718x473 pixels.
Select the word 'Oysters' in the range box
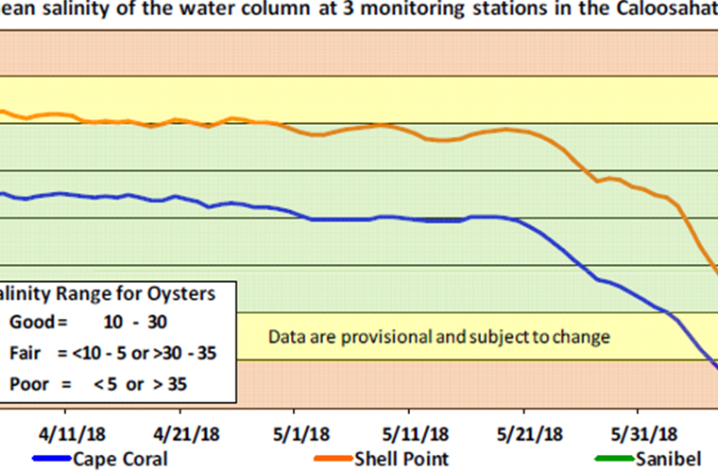coord(186,293)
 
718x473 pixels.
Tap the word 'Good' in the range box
coord(28,322)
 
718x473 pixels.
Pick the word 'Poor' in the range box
coord(26,384)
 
